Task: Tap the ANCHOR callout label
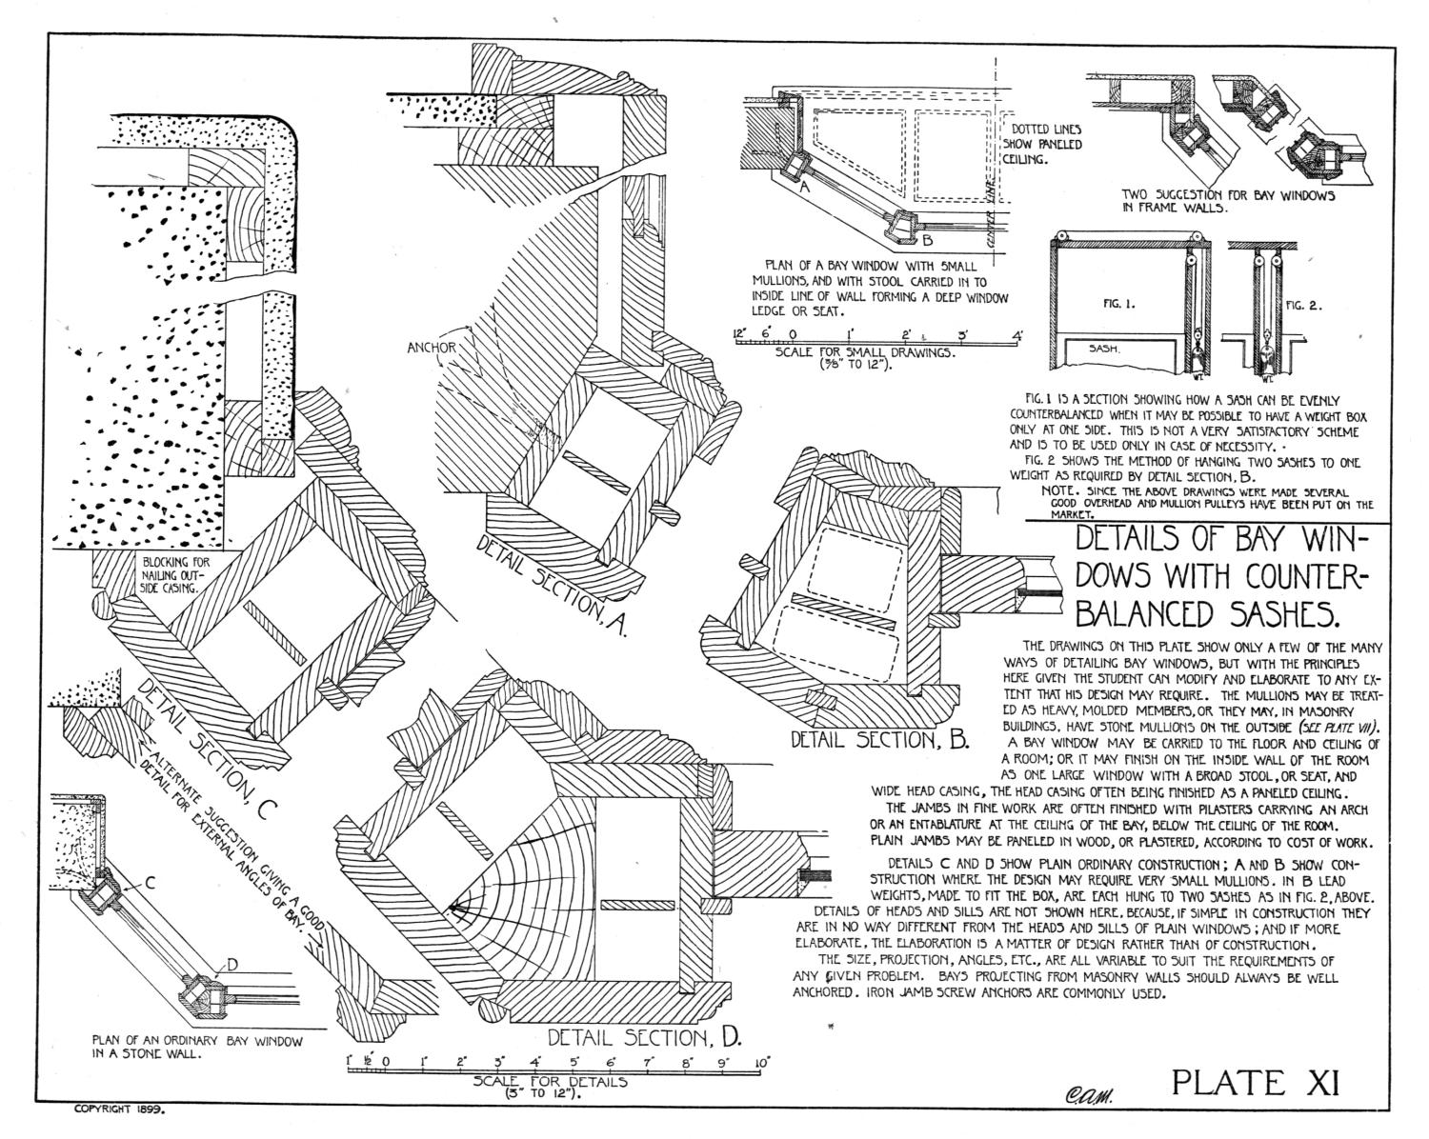tap(432, 348)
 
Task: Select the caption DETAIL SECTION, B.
tap(880, 739)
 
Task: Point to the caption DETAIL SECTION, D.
tap(644, 1037)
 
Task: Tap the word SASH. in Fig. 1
tap(1104, 348)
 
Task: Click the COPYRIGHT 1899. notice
tap(119, 1128)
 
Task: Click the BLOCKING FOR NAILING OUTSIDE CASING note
tap(176, 574)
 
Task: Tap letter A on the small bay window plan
tap(805, 188)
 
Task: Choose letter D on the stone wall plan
tap(232, 965)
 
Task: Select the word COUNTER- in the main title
tap(1296, 577)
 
